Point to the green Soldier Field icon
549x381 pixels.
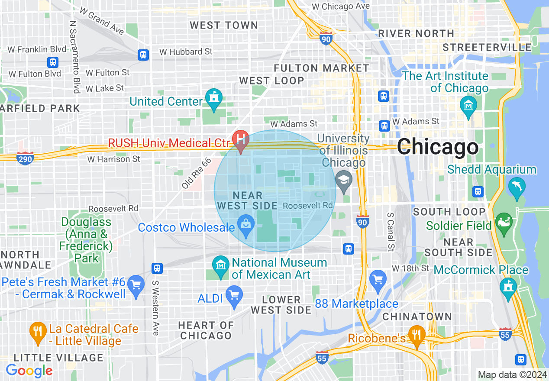tap(504, 222)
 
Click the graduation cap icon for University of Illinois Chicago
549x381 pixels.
tap(344, 180)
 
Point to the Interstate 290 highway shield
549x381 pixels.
tap(26, 158)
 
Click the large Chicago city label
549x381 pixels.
tap(438, 147)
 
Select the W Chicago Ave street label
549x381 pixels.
tap(341, 6)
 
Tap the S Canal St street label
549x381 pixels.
tap(391, 232)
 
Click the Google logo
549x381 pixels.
tap(29, 371)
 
